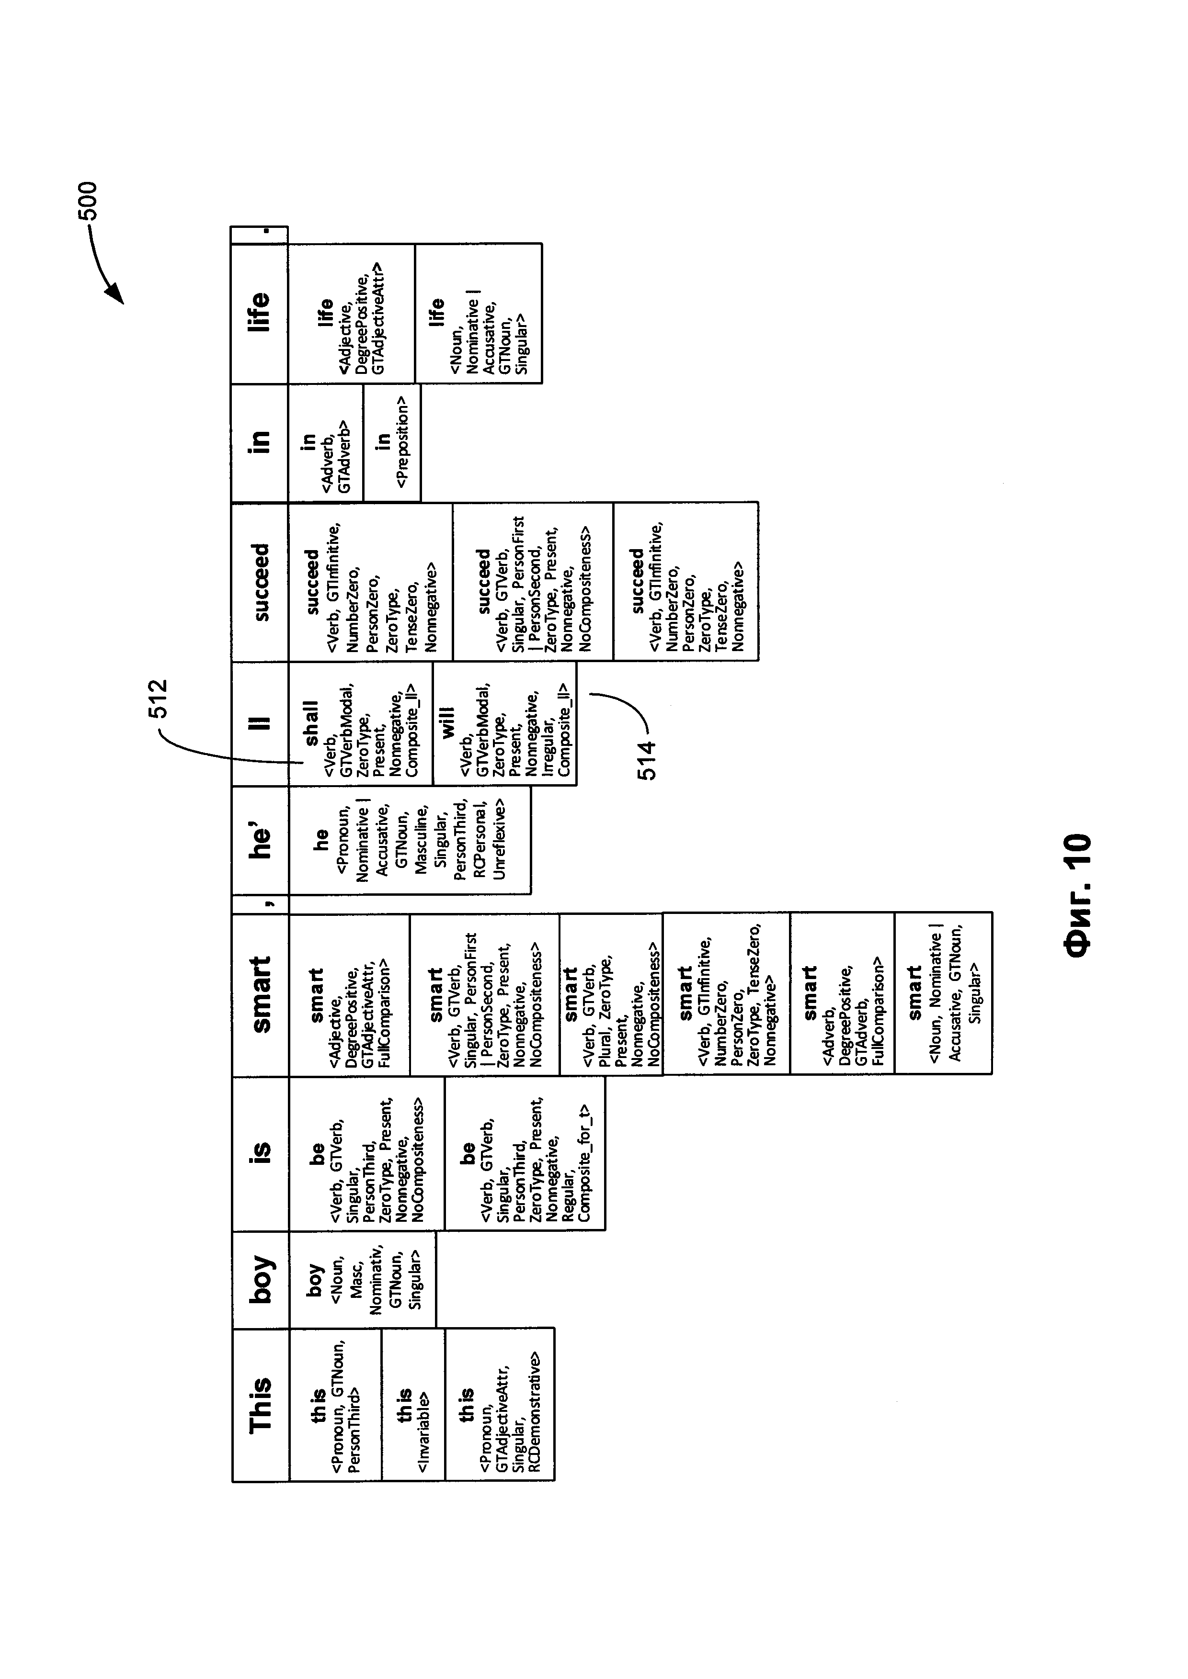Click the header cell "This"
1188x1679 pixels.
261,1405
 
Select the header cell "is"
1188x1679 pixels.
261,1152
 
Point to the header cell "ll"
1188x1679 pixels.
261,722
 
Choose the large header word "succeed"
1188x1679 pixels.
261,581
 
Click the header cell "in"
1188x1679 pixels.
261,442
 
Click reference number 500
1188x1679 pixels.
88,201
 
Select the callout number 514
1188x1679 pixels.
647,761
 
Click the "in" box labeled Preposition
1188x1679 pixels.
391,442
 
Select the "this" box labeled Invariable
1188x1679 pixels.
413,1405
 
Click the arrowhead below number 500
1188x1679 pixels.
117,296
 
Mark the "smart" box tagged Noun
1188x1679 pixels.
943,992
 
